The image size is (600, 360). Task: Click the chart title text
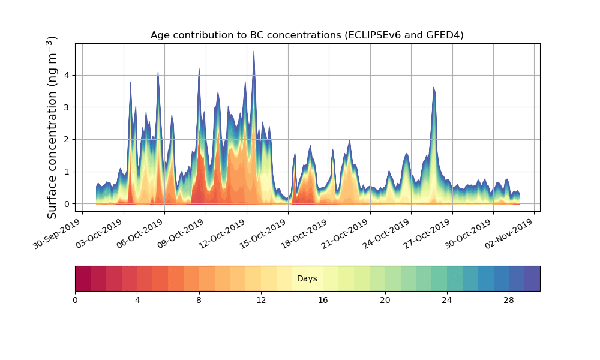pos(307,35)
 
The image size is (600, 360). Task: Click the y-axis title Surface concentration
pos(52,127)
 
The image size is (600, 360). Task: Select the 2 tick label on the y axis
pos(66,139)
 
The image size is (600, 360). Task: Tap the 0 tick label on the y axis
pos(66,204)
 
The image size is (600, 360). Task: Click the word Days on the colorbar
pos(307,279)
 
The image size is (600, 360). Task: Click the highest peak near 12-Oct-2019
pos(254,53)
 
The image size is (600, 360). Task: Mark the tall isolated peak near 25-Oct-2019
pos(433,89)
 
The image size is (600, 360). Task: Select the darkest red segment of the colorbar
pos(83,278)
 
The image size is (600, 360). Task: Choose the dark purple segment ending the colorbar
pos(532,278)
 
